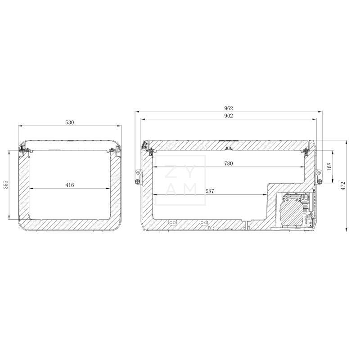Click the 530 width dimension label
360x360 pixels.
pyautogui.click(x=69, y=122)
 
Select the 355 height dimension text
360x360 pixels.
pyautogui.click(x=6, y=185)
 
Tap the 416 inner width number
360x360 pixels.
pyautogui.click(x=69, y=185)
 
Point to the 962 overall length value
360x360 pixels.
pyautogui.click(x=229, y=108)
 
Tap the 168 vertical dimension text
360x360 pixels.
pyautogui.click(x=329, y=166)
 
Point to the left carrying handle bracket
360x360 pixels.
pyautogui.click(x=137, y=176)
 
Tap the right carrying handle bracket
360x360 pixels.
pyautogui.click(x=319, y=176)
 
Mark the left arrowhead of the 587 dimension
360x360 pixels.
pyautogui.click(x=155, y=195)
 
